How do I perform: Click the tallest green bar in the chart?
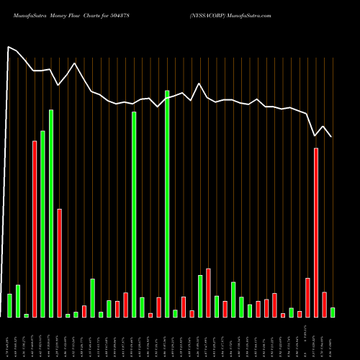coord(167,204)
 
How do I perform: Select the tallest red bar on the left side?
coord(35,228)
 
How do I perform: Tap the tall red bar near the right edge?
coord(316,232)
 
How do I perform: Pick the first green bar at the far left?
coord(9,305)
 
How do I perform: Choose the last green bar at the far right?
coord(333,312)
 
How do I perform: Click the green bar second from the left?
coord(18,301)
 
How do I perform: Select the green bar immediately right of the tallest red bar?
coord(42,223)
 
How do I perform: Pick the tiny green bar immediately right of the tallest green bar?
coord(175,313)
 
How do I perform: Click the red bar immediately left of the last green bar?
coord(324,305)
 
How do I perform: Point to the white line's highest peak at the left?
coord(9,48)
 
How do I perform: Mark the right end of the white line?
coord(332,137)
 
